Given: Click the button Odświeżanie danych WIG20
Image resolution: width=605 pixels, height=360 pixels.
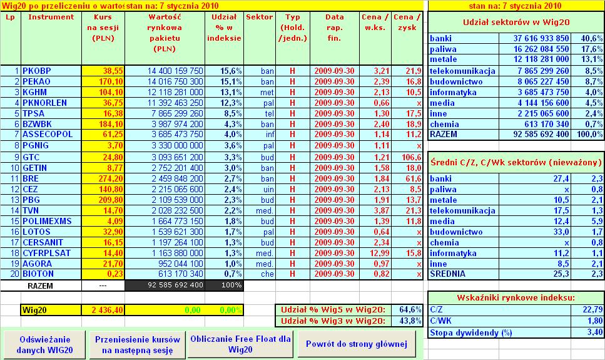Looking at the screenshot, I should pos(43,344).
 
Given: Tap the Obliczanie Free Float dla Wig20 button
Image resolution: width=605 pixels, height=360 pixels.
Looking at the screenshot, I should pos(240,344).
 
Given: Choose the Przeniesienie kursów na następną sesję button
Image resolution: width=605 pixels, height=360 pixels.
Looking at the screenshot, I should pos(138,344).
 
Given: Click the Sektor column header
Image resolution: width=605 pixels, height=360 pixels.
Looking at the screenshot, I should pos(259,17).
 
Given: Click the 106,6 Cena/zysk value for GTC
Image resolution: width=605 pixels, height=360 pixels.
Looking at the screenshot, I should pos(410,156).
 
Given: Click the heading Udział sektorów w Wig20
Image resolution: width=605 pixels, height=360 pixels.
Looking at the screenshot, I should pos(516,22).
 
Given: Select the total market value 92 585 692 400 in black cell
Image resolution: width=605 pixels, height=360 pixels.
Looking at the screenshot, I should pos(166,285).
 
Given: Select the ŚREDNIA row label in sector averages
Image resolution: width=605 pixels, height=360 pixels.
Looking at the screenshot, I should pos(448,273).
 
